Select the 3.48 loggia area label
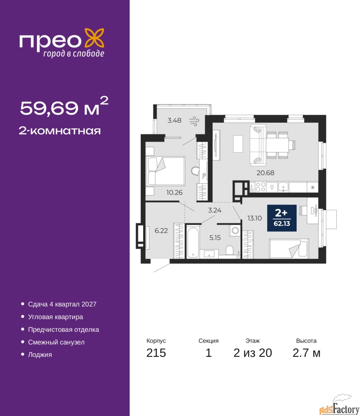tap(174, 120)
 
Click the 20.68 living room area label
tap(265, 173)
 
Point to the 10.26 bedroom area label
tap(174, 192)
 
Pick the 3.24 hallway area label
tap(215, 210)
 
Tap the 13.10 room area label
tap(254, 218)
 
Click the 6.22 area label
tap(161, 231)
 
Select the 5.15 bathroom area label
tap(215, 238)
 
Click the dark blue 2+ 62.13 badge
tap(282, 218)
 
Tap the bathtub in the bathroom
tap(193, 242)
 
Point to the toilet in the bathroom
tap(230, 251)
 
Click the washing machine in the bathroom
tap(235, 230)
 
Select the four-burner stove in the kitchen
tap(260, 187)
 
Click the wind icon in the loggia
tap(194, 121)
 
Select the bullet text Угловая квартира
tap(56, 317)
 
